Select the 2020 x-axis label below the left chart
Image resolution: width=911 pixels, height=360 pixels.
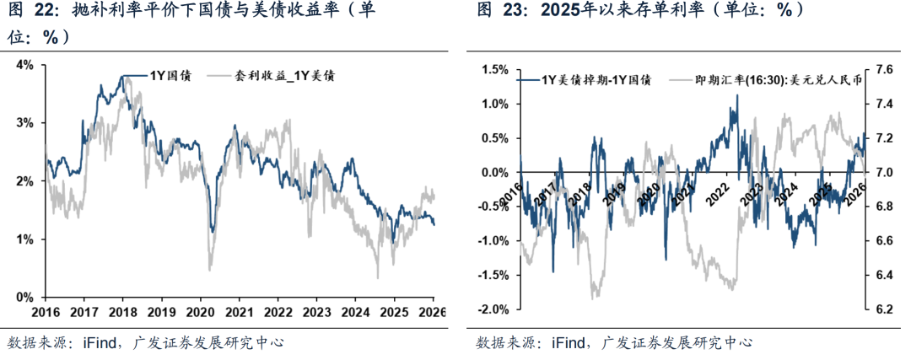(200, 310)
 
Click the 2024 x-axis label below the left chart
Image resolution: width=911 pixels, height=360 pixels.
(355, 310)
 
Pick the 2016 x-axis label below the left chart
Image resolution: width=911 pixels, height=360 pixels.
(45, 310)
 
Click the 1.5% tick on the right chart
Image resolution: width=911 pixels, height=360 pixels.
(493, 69)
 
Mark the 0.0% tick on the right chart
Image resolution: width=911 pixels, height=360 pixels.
(493, 172)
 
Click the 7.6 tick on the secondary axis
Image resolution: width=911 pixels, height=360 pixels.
(881, 69)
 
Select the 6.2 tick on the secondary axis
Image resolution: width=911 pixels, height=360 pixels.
(881, 309)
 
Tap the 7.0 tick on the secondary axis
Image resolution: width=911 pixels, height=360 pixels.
(881, 172)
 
